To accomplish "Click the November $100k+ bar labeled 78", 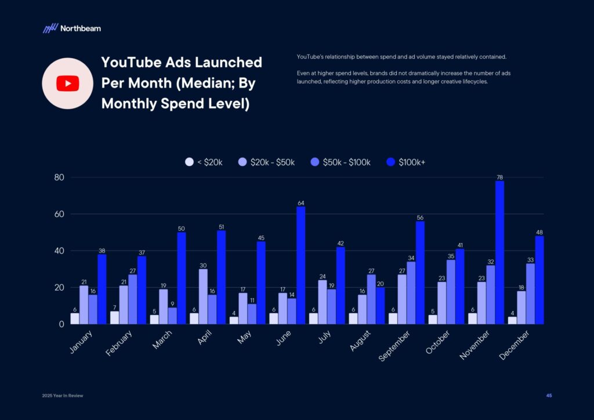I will [500, 252].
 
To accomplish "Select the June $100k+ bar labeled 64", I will [301, 265].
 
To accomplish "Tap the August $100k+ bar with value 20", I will [381, 306].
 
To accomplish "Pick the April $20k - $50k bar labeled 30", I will [203, 296].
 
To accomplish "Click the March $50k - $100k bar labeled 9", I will [172, 316].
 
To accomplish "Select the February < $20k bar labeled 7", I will [114, 317].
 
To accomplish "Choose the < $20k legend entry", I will [204, 162].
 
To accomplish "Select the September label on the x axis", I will [395, 346].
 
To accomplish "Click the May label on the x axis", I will [245, 338].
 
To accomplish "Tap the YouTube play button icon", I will [68, 84].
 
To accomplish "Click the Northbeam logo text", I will [80, 28].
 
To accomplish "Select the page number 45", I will [549, 396].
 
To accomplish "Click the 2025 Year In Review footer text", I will [63, 396].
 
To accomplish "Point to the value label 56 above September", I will [420, 217].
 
